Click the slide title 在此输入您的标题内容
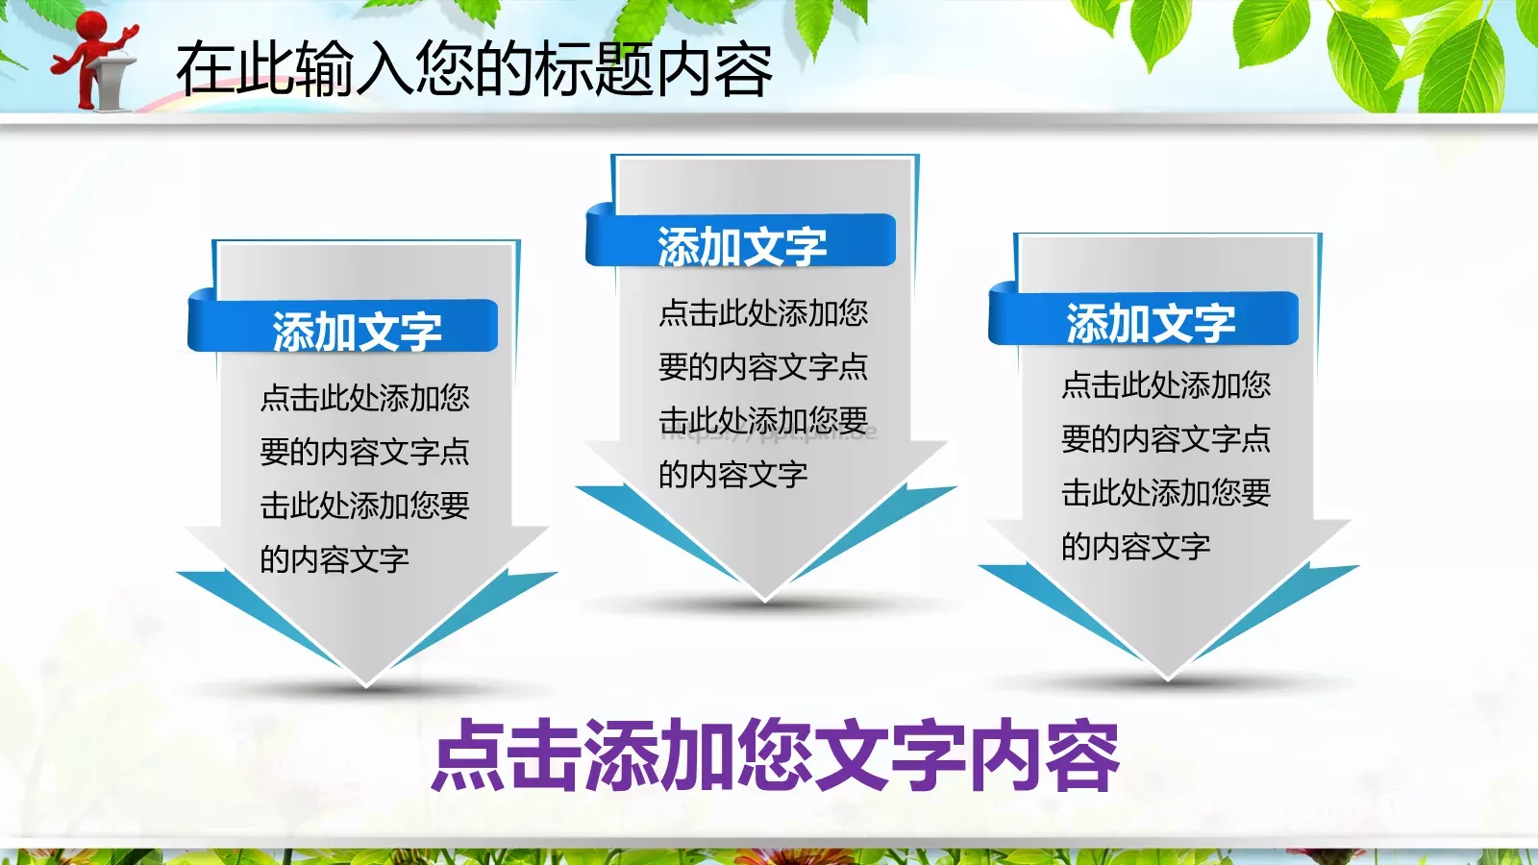[474, 69]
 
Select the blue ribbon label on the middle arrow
[741, 245]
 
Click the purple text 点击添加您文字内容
[776, 756]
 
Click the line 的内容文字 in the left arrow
[335, 558]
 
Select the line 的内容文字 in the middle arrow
[732, 474]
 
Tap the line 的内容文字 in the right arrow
[1135, 547]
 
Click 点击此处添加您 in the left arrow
[364, 398]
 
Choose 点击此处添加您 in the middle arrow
[763, 312]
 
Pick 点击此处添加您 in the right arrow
[1166, 385]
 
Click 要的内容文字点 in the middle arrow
[763, 366]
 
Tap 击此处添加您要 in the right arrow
[1166, 493]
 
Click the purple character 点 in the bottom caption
[468, 756]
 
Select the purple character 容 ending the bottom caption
[1083, 756]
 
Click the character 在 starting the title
[204, 69]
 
